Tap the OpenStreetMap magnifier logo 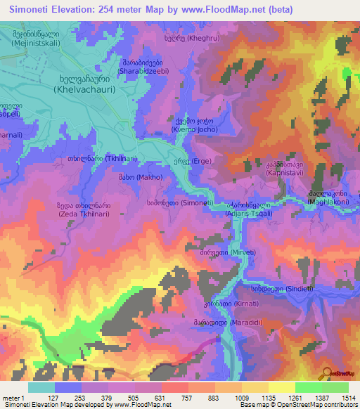[326, 372]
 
